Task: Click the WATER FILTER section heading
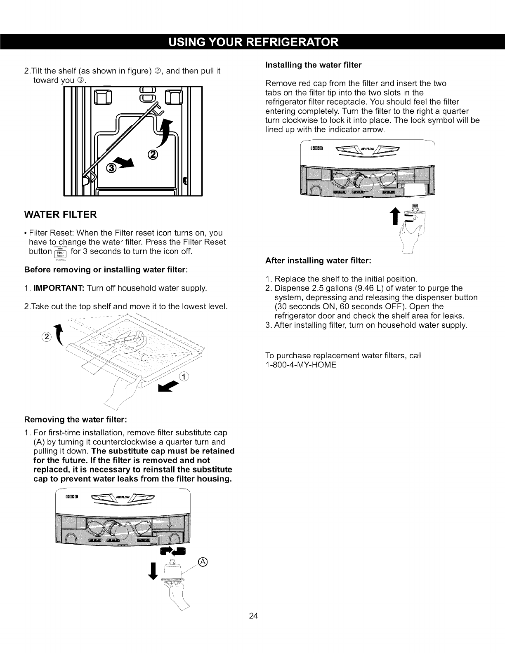[61, 215]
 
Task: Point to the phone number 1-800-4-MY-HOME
[301, 365]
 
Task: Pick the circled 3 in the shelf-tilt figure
[111, 168]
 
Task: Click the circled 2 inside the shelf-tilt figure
[152, 155]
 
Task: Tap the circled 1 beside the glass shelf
[183, 376]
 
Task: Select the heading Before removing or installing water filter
[106, 270]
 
